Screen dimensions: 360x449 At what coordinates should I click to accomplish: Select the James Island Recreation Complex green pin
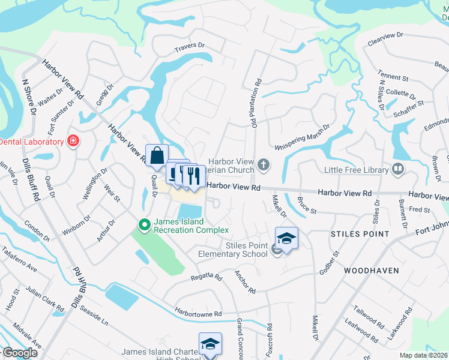point(144,226)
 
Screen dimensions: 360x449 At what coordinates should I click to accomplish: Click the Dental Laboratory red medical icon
point(73,142)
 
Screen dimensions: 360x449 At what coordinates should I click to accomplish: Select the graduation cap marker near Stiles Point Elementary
point(287,238)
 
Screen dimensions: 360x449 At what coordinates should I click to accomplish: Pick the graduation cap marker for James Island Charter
point(210,344)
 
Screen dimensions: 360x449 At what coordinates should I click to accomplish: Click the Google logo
point(20,353)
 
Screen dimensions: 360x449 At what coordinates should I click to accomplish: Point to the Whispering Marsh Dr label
point(303,139)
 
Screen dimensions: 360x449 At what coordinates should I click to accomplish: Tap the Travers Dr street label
point(190,46)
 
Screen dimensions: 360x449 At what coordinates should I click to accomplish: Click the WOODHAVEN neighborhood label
point(372,271)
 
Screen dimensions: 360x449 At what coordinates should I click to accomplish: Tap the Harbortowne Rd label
point(198,313)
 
